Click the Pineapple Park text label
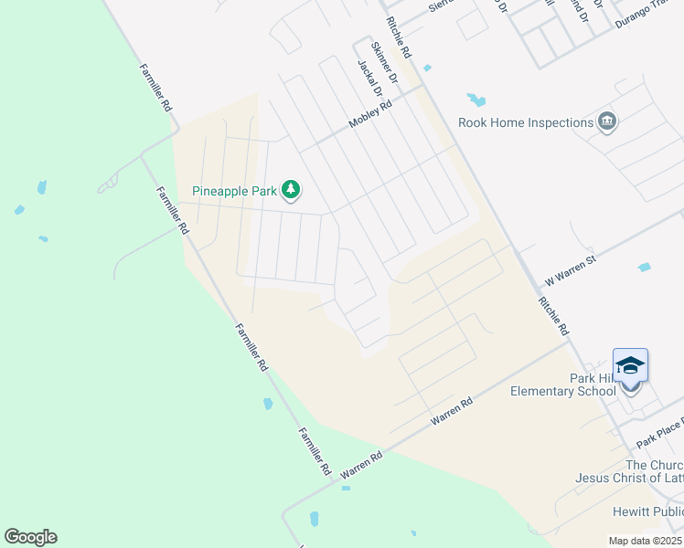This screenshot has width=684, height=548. [235, 191]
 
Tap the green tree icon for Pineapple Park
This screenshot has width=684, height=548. [291, 190]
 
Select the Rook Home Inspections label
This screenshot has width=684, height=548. [526, 122]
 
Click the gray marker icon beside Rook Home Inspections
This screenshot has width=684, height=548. [607, 121]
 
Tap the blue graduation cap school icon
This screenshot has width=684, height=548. [631, 366]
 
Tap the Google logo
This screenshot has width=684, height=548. [30, 537]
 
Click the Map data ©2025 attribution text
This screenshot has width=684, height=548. [646, 541]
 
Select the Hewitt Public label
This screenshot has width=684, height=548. [648, 512]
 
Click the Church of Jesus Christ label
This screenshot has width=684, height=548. [629, 471]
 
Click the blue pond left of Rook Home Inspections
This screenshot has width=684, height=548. [476, 99]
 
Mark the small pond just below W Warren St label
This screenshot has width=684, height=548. [644, 268]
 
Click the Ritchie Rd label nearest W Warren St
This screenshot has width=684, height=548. [554, 316]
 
